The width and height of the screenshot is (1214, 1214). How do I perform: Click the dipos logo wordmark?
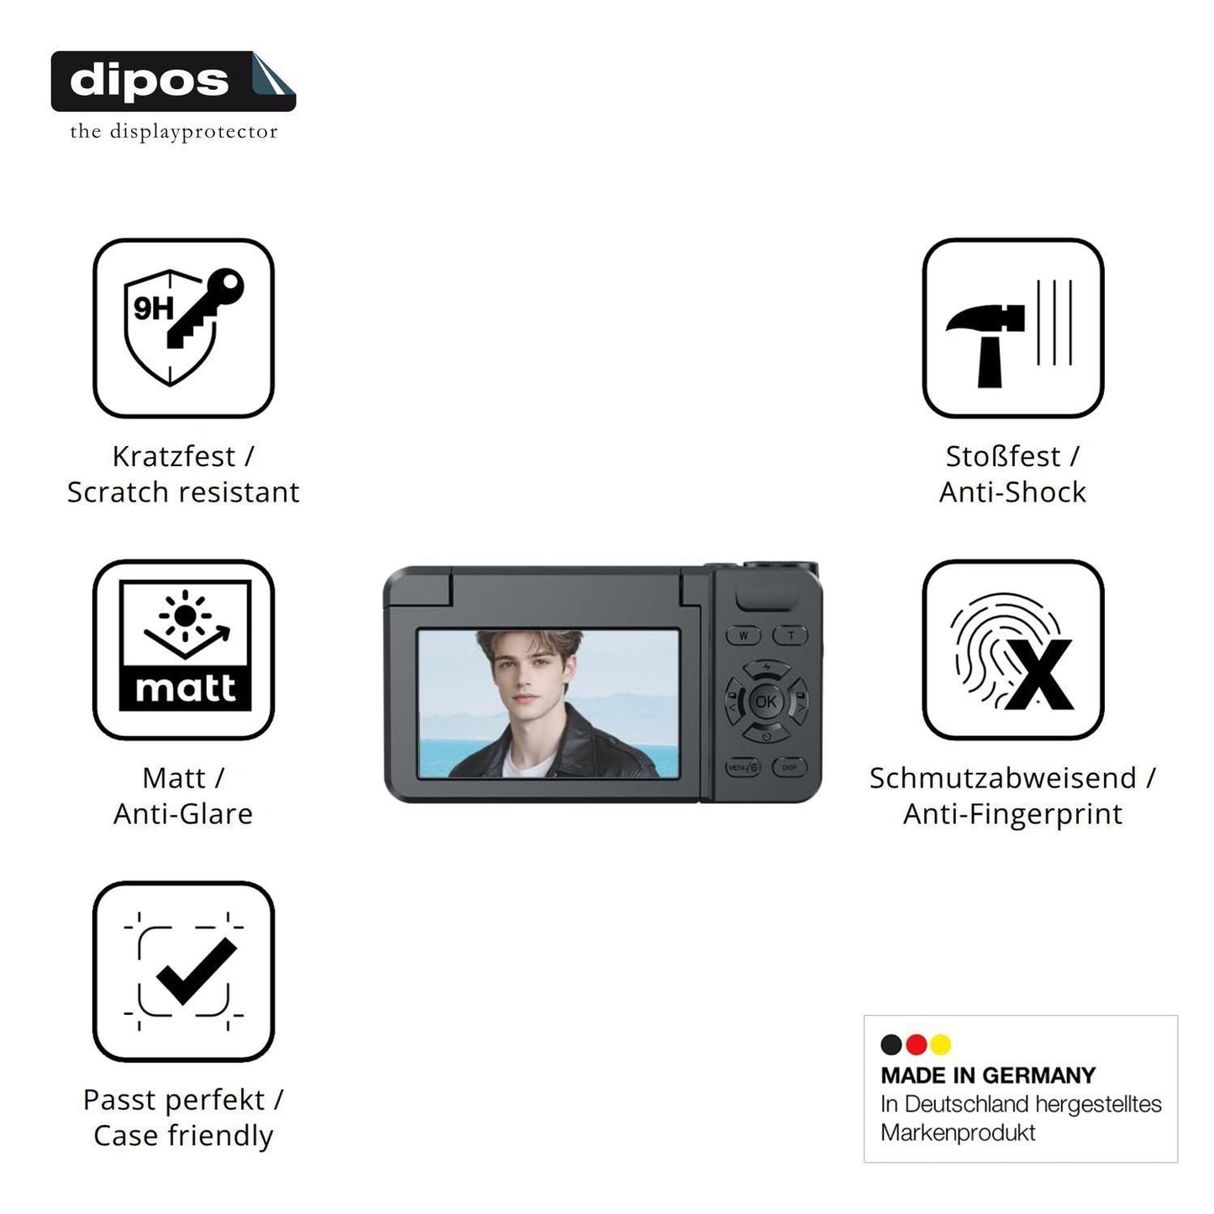150,81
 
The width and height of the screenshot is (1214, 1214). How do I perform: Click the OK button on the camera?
765,702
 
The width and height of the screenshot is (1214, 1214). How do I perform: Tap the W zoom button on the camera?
744,635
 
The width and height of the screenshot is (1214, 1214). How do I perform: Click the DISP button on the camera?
790,767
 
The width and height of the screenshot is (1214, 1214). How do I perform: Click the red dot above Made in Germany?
916,1044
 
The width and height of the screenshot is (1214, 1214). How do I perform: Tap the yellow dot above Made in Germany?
941,1044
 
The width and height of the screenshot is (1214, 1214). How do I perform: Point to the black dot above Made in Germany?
891,1044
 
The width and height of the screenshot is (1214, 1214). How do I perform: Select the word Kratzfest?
174,456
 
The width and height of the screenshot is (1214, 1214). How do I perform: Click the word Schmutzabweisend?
1003,777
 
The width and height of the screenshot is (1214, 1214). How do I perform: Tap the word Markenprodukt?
959,1133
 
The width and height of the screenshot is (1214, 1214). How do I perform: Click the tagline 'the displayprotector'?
174,132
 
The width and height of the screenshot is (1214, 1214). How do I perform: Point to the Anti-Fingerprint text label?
1013,814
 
